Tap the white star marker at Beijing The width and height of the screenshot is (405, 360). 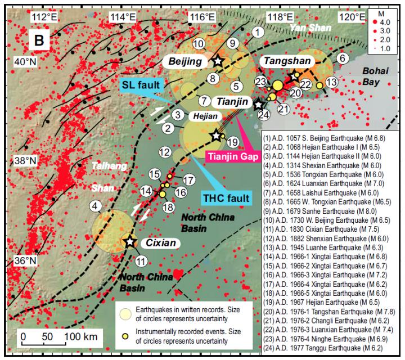[x=218, y=60]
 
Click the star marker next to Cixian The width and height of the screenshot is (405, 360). [x=130, y=241]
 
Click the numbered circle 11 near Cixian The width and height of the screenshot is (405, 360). [x=141, y=261]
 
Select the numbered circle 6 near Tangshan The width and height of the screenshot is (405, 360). [x=341, y=58]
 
